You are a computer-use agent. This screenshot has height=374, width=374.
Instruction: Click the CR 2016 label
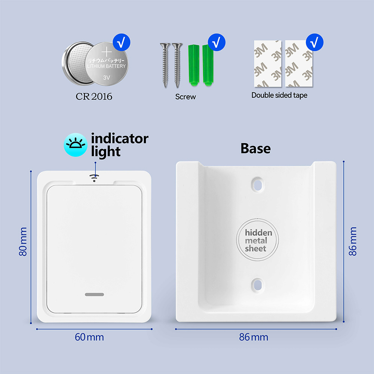coord(94,96)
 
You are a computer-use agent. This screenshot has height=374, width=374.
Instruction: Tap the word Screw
coord(186,96)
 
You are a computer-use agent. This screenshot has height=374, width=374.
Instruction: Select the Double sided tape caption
coord(279,95)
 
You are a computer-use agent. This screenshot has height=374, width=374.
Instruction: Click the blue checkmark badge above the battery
coord(122,42)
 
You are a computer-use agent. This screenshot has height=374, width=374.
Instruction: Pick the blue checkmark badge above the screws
coord(217,42)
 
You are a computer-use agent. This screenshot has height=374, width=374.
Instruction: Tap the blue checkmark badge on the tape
coord(315,42)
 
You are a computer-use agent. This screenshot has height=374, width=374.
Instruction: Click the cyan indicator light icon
coord(76,145)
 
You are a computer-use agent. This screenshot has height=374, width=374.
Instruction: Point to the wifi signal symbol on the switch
coord(94,178)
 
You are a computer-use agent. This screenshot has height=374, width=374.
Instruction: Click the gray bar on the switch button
coord(95,294)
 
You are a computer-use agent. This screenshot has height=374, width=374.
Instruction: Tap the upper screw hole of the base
coord(258,184)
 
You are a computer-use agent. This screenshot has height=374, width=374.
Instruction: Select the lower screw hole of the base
coord(258,285)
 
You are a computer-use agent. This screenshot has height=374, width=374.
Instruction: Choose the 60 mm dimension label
coord(89,337)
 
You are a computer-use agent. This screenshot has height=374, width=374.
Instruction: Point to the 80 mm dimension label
coord(23,242)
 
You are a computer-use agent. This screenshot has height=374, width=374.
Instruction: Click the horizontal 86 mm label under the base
coord(254,337)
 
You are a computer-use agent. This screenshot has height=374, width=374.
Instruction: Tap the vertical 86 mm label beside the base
coord(353,241)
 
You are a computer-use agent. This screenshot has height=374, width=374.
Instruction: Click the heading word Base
coord(255,148)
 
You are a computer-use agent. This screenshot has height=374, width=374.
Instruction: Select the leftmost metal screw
coord(165,65)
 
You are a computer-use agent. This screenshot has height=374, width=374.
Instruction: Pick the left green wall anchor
coord(193,65)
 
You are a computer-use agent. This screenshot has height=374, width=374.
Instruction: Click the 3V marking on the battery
coord(107,77)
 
